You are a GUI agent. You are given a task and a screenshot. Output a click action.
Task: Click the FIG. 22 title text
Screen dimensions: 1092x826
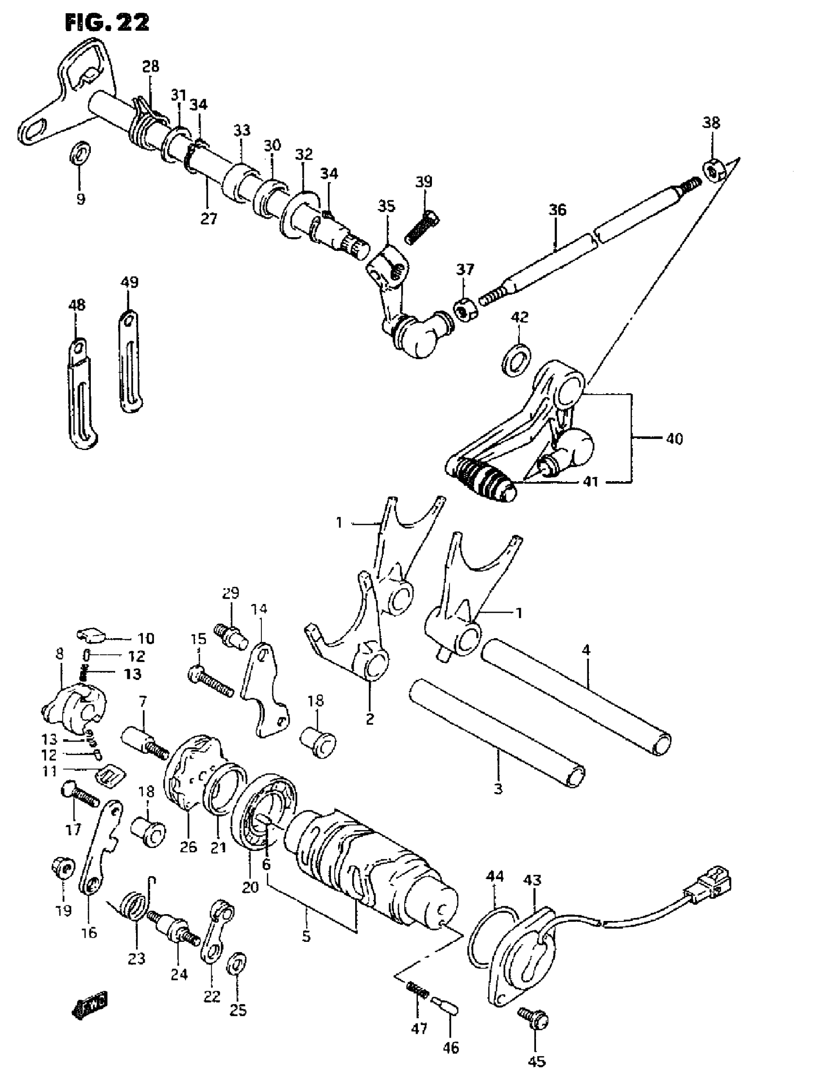coord(107,22)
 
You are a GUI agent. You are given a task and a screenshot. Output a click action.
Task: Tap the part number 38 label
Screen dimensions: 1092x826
coord(711,122)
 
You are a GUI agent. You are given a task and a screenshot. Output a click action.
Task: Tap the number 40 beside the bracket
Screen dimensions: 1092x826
coord(674,438)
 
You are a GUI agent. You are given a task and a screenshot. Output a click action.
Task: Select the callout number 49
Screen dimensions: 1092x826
coord(129,283)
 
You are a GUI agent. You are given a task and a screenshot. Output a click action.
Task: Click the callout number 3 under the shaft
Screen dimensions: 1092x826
coord(498,788)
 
